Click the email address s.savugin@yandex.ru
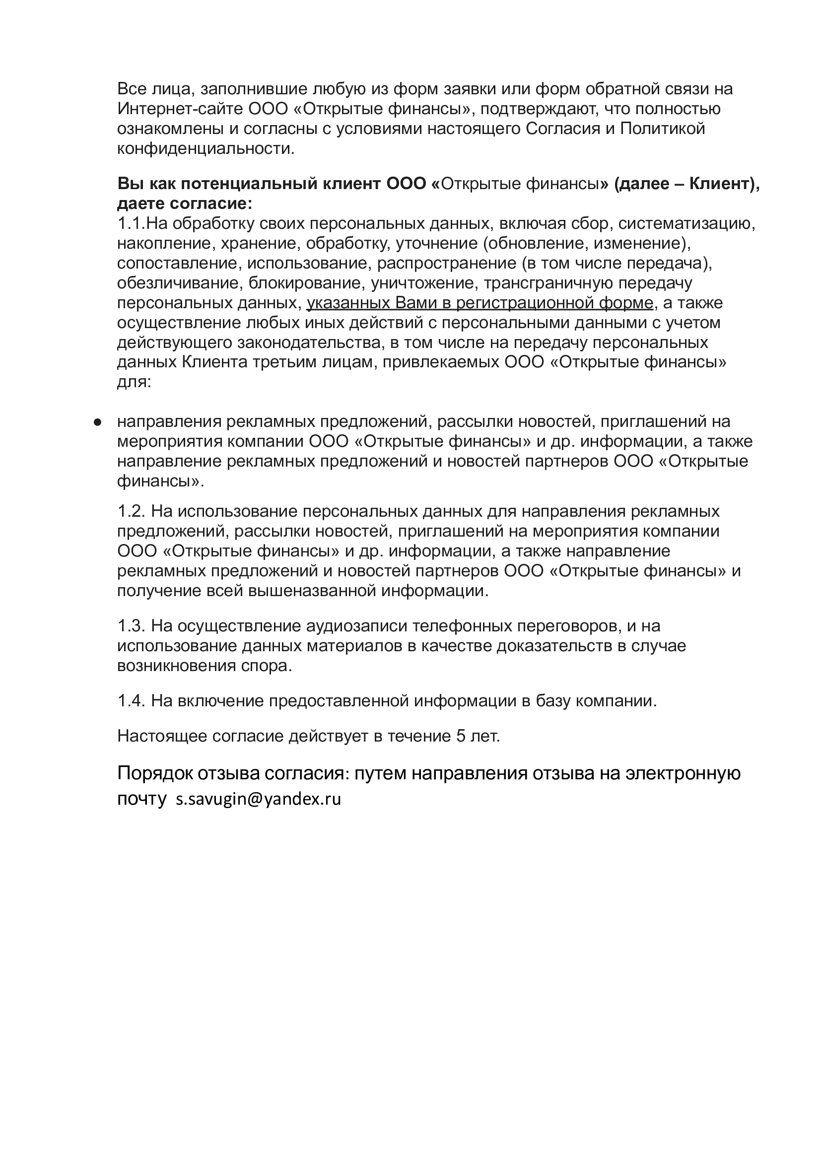click(x=258, y=799)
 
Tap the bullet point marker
click(x=98, y=421)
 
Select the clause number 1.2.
click(x=132, y=511)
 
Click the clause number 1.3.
click(x=132, y=626)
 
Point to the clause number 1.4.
click(x=132, y=701)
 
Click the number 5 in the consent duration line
click(x=461, y=736)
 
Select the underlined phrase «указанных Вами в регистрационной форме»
click(x=479, y=303)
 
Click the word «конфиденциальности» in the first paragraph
click(x=205, y=149)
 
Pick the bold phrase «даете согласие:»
click(x=184, y=204)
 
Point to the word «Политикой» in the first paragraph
click(x=663, y=129)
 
